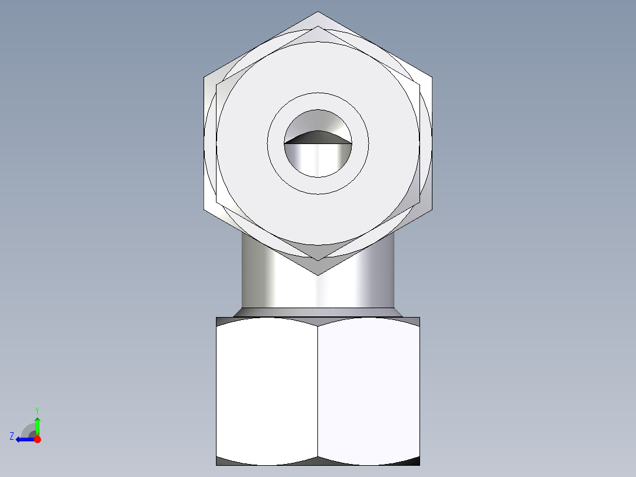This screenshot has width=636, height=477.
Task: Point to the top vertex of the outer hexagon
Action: point(317,12)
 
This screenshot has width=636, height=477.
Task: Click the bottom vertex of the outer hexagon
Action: point(317,275)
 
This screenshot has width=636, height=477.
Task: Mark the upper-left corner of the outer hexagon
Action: point(204,77)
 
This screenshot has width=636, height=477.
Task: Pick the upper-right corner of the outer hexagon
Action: point(432,77)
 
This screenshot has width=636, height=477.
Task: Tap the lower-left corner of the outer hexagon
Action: point(204,209)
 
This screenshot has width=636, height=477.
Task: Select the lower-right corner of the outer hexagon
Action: point(432,209)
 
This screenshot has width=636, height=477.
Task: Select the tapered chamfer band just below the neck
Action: point(317,312)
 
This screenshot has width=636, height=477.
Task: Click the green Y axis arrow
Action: point(37,425)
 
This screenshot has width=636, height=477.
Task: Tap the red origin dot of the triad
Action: point(37,439)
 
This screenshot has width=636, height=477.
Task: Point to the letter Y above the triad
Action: point(37,410)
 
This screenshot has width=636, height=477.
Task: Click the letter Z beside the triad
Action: point(12,436)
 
